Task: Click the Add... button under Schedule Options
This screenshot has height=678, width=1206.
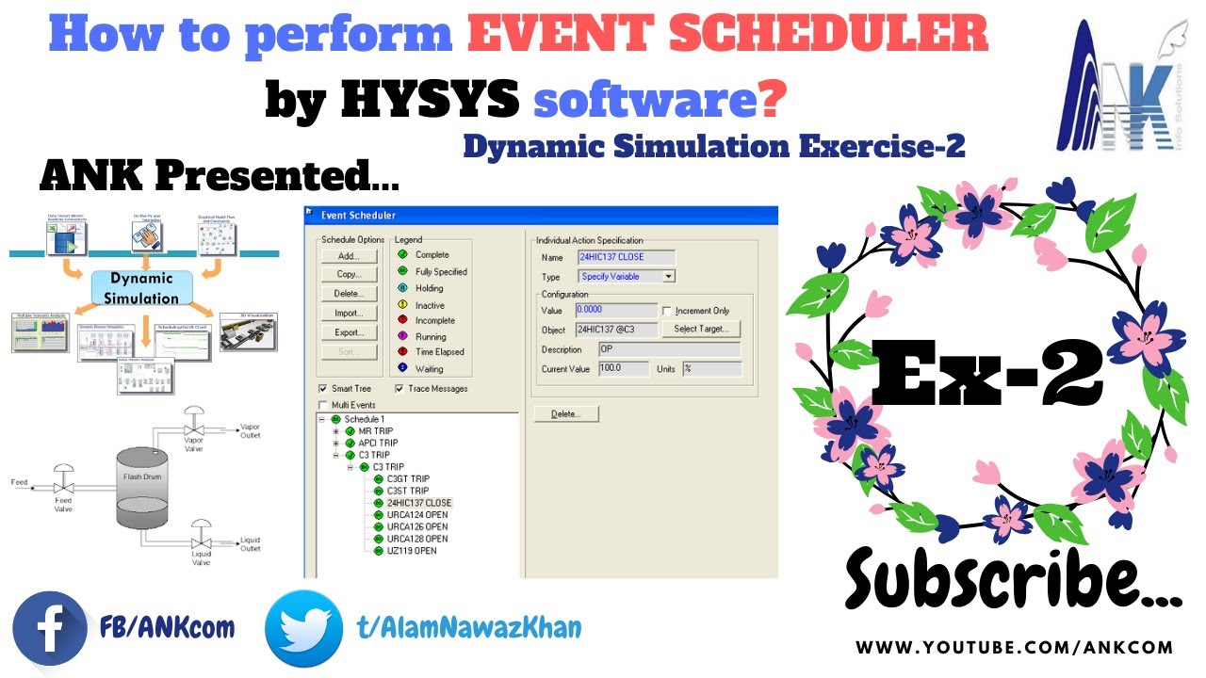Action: pos(349,256)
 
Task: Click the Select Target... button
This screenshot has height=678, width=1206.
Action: pos(701,330)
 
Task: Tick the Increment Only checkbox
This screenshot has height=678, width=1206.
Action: pos(667,311)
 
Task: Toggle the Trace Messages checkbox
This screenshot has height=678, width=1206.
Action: pos(399,388)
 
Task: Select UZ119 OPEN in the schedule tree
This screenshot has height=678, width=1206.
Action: pos(412,551)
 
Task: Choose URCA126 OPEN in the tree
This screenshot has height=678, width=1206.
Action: pos(416,526)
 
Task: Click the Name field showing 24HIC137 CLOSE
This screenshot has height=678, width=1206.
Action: pos(625,257)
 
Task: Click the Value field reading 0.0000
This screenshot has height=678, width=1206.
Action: pos(615,311)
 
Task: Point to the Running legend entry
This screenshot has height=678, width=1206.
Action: pos(431,336)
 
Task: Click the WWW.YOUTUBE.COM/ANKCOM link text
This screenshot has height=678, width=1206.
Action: pos(1014,648)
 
